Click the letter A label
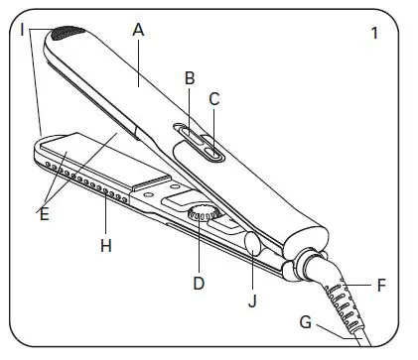(138, 30)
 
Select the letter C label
(213, 98)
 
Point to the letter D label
(199, 283)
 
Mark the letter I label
(22, 30)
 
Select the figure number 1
(374, 34)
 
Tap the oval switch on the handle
(199, 140)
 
